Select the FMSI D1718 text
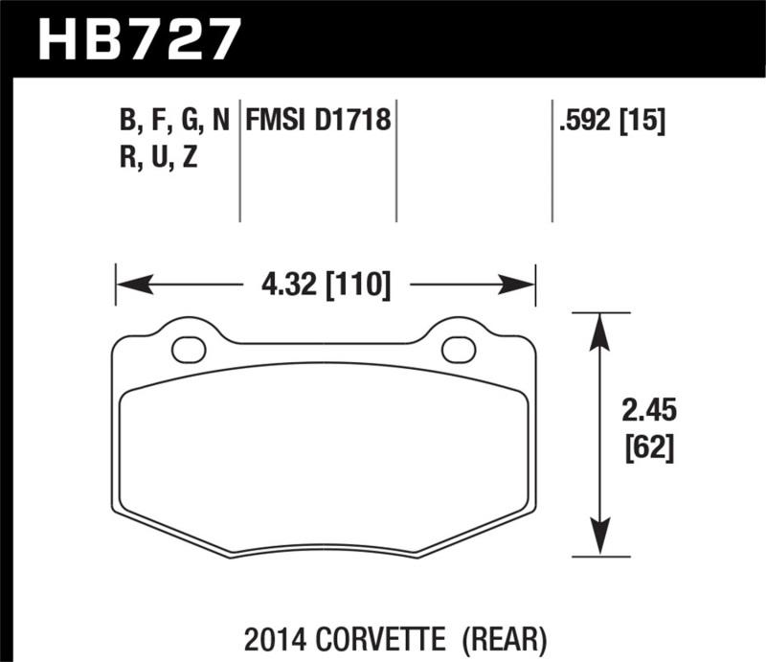(318, 121)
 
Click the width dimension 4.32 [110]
(326, 285)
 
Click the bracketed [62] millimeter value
(649, 447)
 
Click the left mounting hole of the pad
(189, 350)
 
